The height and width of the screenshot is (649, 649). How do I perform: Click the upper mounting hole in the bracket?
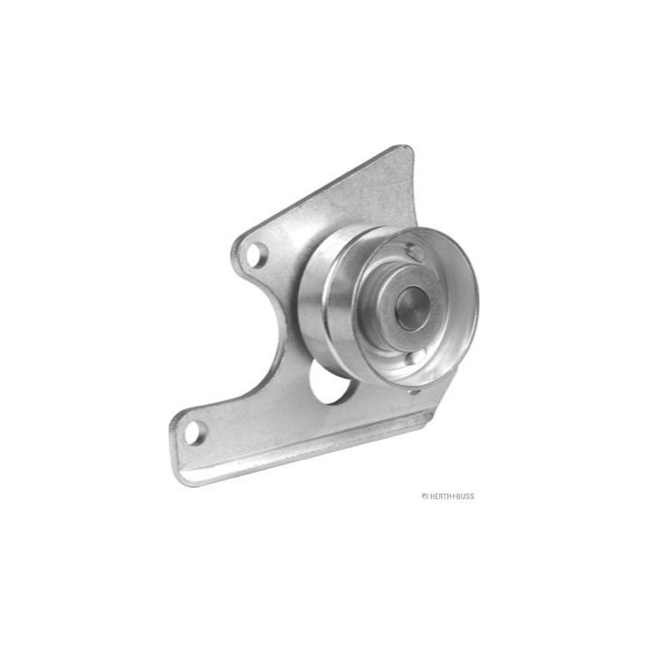click(256, 253)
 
